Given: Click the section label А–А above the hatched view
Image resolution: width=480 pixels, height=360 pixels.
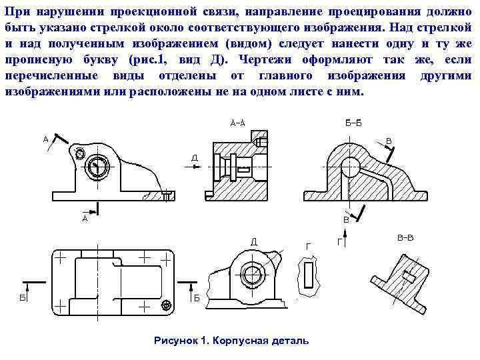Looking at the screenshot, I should (237, 123).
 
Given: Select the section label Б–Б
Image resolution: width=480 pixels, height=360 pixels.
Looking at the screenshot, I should (353, 123).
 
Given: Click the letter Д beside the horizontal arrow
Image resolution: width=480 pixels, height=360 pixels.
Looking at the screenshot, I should (194, 158).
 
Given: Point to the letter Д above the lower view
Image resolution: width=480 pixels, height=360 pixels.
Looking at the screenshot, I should (254, 241).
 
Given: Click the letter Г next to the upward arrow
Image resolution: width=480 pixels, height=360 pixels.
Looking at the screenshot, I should (340, 243).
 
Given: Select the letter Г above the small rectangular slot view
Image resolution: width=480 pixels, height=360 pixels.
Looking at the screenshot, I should (307, 246).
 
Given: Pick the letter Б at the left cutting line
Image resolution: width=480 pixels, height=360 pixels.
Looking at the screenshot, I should (22, 299).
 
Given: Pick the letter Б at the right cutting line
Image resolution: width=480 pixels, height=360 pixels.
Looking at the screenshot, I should (197, 299).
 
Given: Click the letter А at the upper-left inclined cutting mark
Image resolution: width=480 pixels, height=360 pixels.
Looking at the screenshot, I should (45, 139).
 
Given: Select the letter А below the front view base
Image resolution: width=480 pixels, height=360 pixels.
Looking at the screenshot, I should (85, 218).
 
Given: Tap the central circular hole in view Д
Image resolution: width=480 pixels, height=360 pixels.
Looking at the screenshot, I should (253, 274).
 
